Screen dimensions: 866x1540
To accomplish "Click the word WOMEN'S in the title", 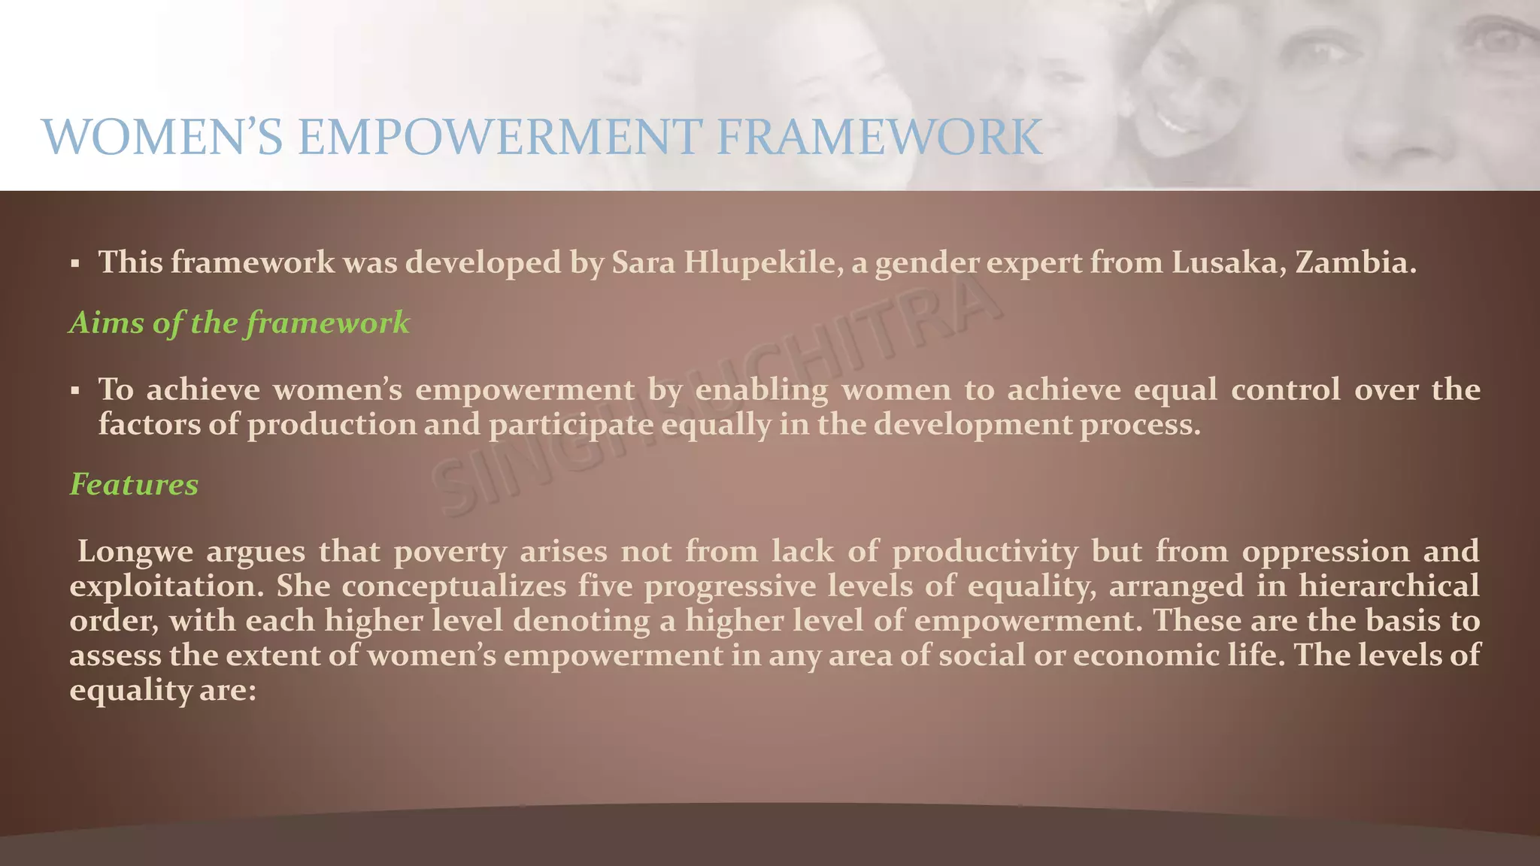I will pos(162,138).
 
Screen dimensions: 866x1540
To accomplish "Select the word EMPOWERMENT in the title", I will pos(499,138).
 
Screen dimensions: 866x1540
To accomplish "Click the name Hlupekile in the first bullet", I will pos(763,262).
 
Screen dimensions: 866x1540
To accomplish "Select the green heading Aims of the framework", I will pos(239,322).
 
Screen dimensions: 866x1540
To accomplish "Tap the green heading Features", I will pos(134,484).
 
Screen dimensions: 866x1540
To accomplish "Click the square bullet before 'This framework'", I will pos(74,264).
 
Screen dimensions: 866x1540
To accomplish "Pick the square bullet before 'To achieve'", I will pos(74,391).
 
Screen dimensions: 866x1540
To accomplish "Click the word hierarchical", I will pos(1388,586).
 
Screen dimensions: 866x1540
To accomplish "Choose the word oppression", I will pos(1325,552).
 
